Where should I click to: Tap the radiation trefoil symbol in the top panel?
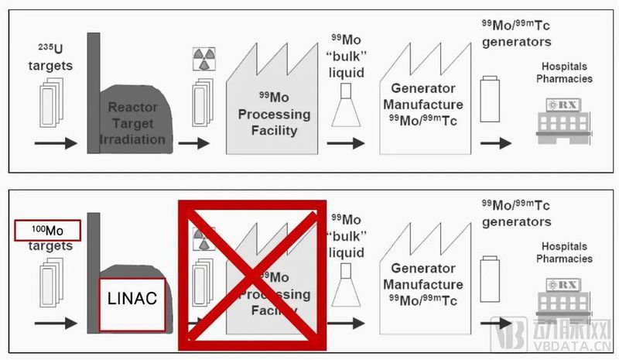point(203,59)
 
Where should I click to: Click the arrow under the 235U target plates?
point(56,143)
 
